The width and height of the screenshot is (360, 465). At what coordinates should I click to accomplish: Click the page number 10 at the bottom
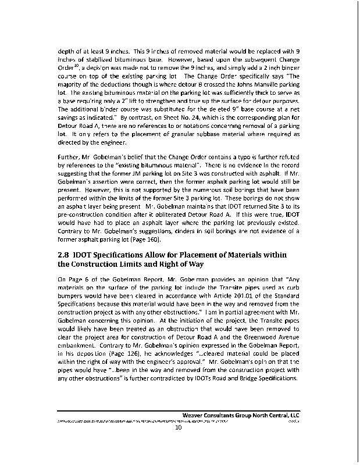180,428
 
